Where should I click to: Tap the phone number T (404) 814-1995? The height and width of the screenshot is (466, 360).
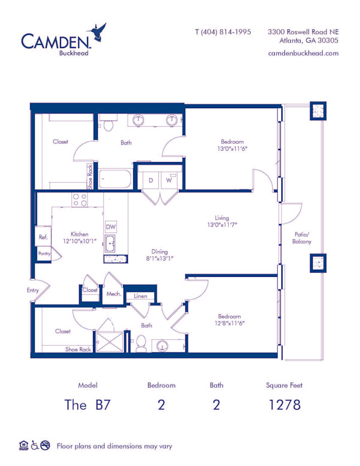pos(223,32)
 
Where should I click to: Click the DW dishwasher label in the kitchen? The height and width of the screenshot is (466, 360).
pos(110,227)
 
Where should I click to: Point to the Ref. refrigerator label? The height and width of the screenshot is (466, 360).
pos(43,237)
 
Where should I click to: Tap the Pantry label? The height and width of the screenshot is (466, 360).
pos(44,253)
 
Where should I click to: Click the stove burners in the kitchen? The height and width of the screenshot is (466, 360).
pos(80,200)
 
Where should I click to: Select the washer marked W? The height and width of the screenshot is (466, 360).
pos(169,180)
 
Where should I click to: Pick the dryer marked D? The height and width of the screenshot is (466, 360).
pos(151,180)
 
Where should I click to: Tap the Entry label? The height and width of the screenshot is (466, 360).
pos(32,290)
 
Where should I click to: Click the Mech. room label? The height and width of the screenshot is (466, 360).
pos(114,294)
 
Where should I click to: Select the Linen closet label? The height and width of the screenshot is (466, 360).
pos(140,296)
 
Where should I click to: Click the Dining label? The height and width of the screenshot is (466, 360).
pos(160,252)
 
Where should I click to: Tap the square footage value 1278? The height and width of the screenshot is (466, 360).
pos(284,404)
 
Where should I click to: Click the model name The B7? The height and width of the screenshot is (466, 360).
pos(87,404)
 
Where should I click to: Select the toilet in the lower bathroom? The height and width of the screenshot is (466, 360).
pos(142,344)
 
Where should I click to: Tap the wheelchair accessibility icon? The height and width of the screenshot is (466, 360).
pos(35,446)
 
